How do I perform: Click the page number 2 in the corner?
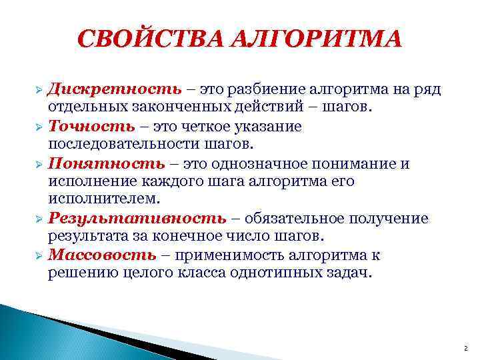click(x=465, y=349)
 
